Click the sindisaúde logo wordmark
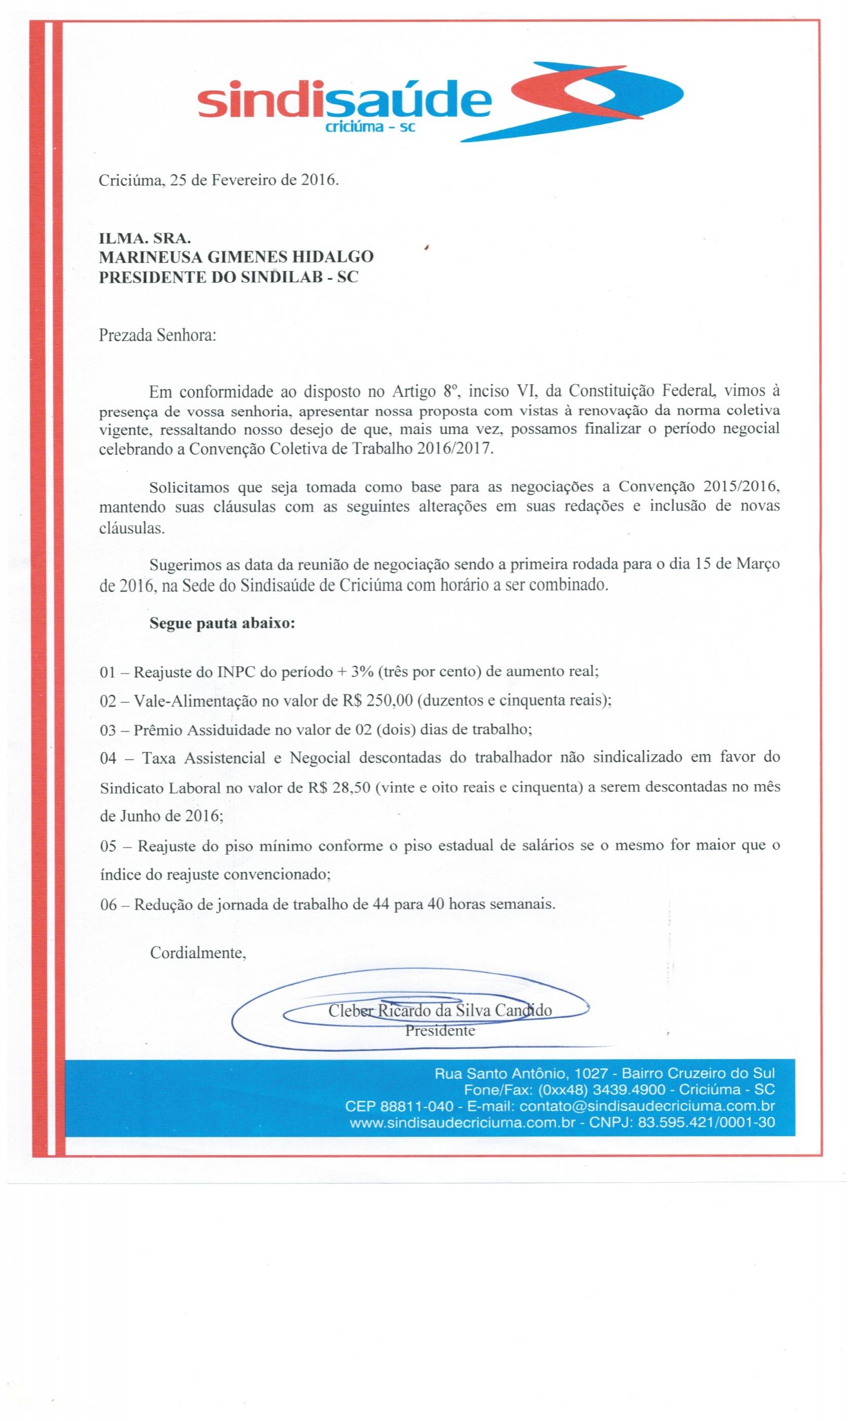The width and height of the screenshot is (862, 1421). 343,102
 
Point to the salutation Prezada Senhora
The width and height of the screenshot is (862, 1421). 157,335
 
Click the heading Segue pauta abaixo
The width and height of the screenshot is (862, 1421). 223,623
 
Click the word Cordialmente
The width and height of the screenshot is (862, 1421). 198,953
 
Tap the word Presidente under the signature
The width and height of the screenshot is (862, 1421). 439,1031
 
